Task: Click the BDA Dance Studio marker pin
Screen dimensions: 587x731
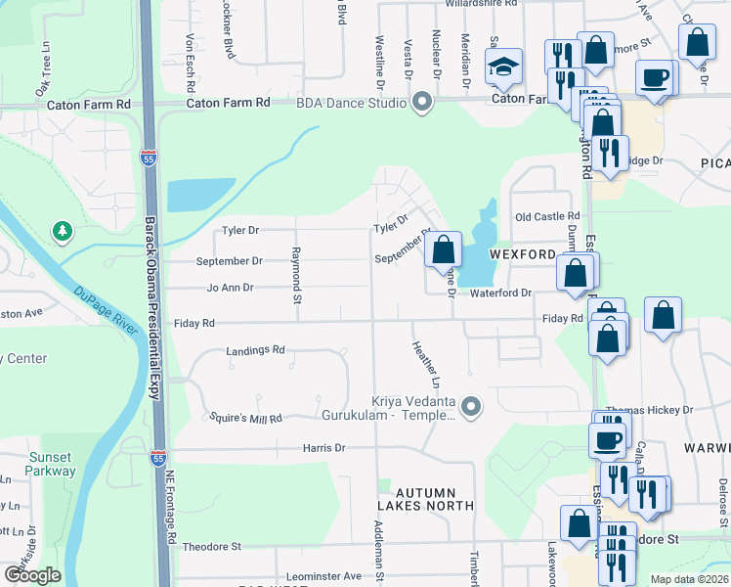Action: point(422,102)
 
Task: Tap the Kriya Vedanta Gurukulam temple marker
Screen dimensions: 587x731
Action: point(471,405)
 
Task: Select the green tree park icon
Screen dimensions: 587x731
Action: point(64,232)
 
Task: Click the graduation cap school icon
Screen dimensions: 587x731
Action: point(504,68)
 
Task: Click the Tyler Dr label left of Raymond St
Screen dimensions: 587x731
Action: point(239,231)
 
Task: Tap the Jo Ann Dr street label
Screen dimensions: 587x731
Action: point(230,288)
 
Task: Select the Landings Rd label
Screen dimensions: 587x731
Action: point(255,349)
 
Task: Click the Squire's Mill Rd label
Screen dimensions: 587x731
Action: point(246,418)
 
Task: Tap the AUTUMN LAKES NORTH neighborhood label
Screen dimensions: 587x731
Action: point(426,496)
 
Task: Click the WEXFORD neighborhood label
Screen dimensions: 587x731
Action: point(523,254)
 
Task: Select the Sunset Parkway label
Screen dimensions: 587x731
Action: point(51,464)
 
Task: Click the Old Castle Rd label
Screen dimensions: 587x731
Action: point(547,216)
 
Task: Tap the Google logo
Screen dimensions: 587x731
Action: point(32,575)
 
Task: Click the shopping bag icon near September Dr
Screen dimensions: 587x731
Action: point(444,249)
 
